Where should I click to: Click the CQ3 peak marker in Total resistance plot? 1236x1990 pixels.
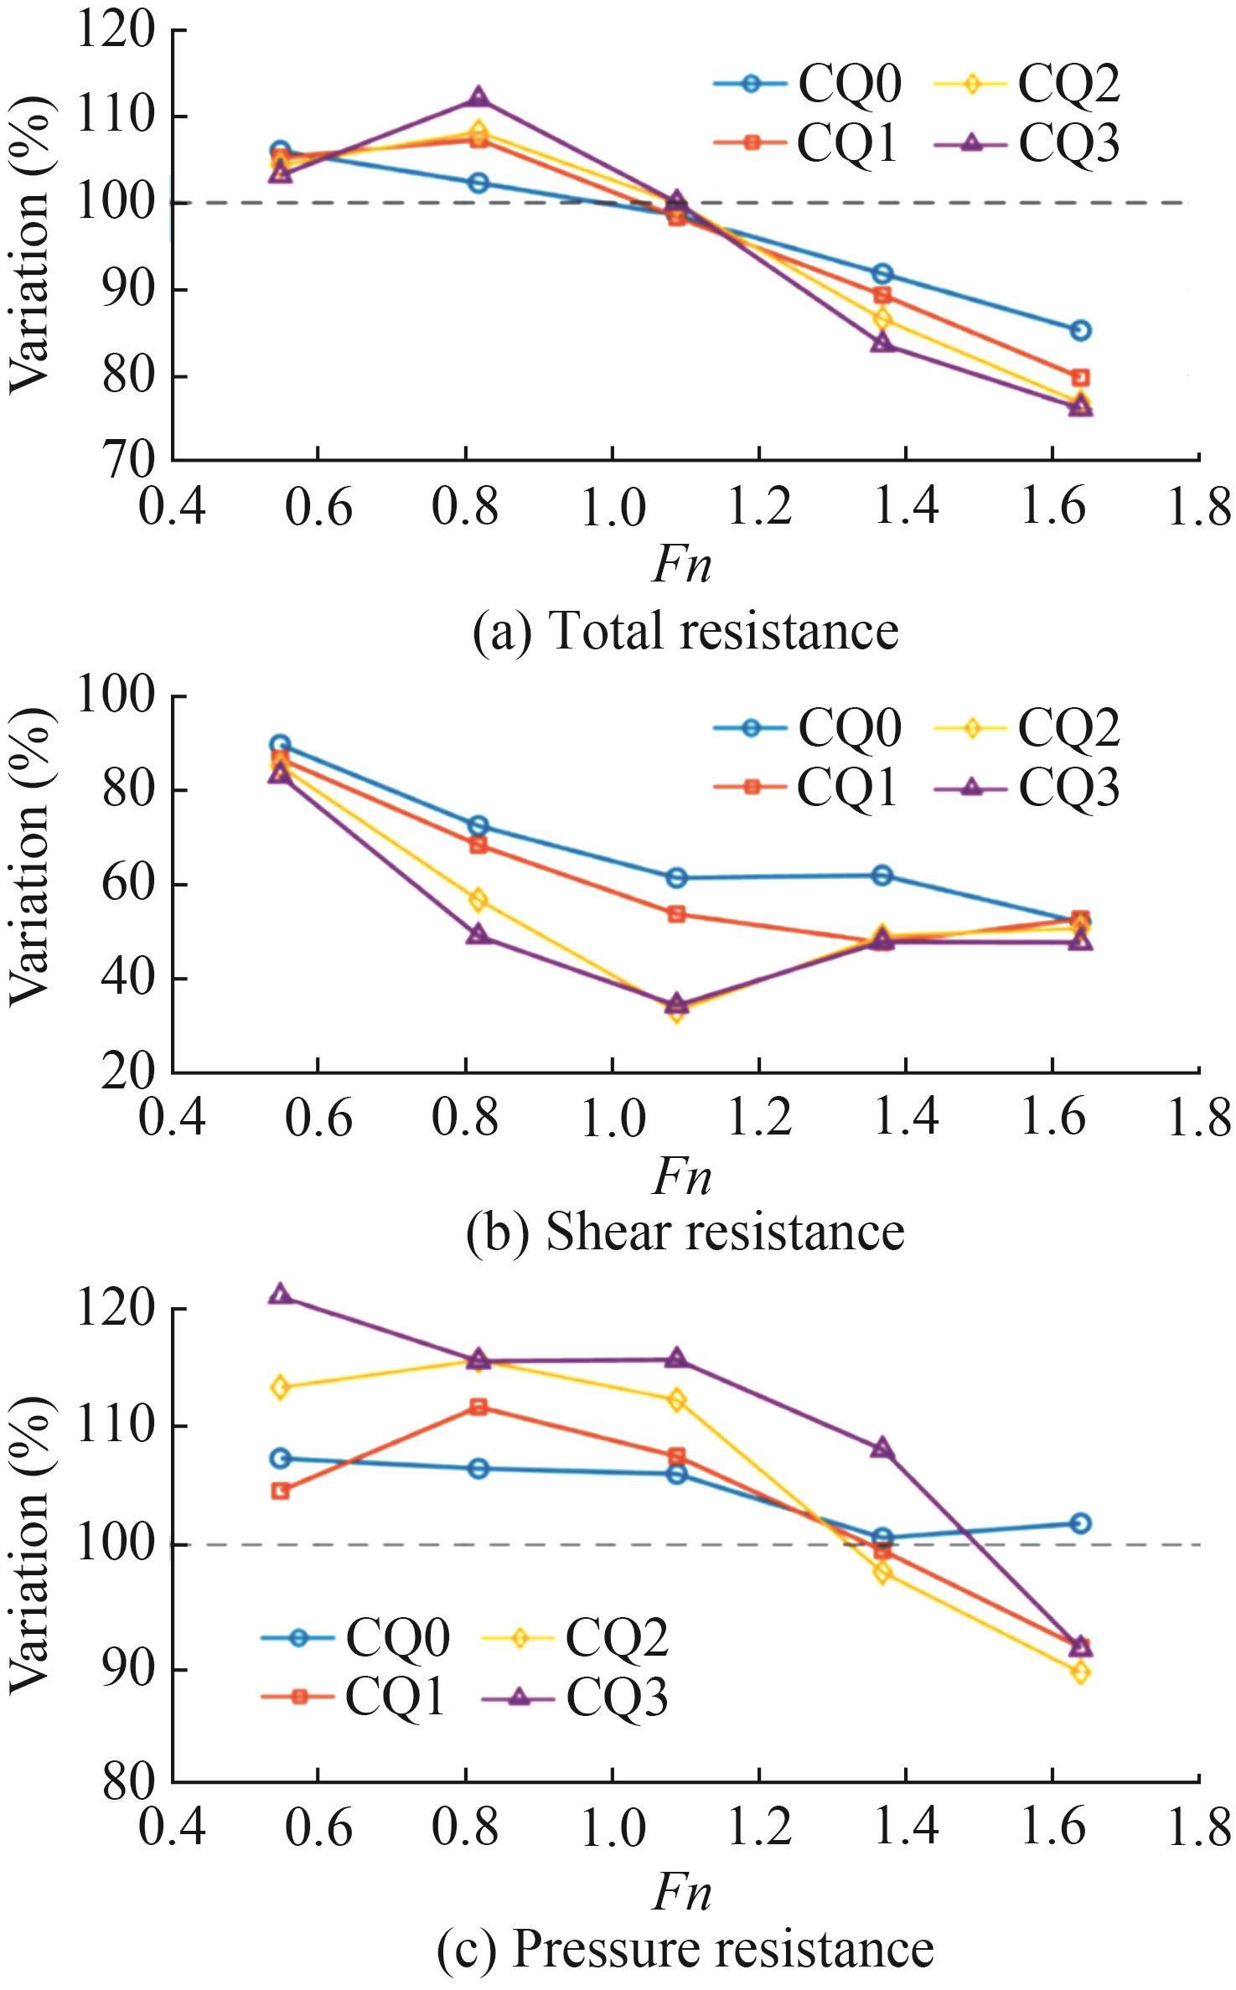point(478,97)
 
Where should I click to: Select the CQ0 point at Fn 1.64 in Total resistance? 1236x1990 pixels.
point(1081,330)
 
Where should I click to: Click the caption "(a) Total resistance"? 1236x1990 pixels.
point(685,630)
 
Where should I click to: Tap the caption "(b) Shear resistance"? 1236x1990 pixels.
point(685,1232)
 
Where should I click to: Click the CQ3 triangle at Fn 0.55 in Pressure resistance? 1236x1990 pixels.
point(281,1295)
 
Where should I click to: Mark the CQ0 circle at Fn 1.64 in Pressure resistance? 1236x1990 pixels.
point(1081,1523)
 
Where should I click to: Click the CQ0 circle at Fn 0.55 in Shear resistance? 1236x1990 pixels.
point(281,744)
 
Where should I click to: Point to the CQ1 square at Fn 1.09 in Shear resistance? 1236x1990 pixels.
point(676,913)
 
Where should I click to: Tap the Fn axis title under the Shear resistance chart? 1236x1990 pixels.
point(681,1175)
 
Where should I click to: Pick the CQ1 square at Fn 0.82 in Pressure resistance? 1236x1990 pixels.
point(478,1407)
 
